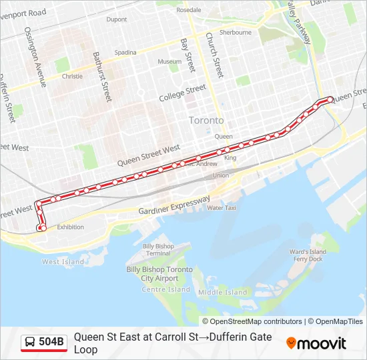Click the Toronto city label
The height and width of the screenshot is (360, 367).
(206, 121)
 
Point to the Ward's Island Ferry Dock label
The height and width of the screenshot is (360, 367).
(307, 255)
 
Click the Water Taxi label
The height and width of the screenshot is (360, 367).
(222, 207)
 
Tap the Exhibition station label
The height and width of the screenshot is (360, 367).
(70, 227)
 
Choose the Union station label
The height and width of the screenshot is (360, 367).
(220, 175)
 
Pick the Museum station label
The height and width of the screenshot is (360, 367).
(169, 62)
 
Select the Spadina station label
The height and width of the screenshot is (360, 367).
(125, 52)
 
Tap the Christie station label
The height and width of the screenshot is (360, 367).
(72, 76)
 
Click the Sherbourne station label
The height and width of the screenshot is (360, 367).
(236, 32)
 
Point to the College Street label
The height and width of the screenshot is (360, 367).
(182, 93)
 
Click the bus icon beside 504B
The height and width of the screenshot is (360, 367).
(30, 343)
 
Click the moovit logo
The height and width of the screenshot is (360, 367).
(316, 343)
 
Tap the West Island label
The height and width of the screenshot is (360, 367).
(63, 262)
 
